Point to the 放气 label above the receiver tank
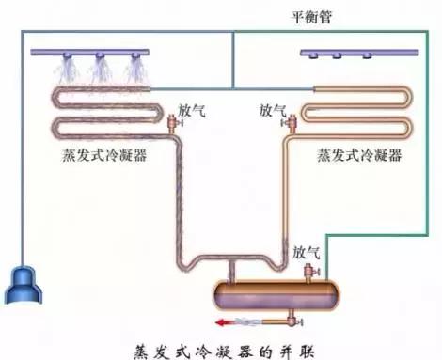[307, 252]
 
